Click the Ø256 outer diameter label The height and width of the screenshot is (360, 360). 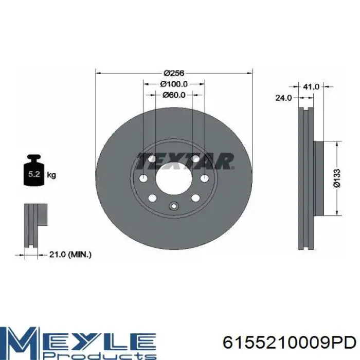[x=174, y=73]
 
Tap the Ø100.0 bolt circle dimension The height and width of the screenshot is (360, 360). [x=174, y=84]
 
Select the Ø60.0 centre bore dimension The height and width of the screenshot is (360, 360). [x=174, y=95]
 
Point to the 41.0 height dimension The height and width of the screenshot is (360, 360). [x=311, y=86]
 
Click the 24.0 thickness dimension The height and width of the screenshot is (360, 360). [x=283, y=98]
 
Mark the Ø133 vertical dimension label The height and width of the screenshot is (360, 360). [x=337, y=178]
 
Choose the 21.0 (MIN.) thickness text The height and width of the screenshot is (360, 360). [x=70, y=255]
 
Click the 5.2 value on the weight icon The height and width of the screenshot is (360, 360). [x=34, y=174]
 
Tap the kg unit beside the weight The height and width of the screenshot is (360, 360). [x=51, y=175]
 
